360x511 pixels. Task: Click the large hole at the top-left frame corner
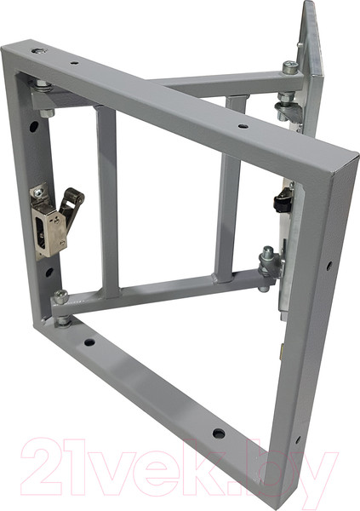[x=38, y=51]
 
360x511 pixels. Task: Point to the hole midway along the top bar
[x=243, y=126]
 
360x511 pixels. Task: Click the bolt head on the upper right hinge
[x=290, y=68]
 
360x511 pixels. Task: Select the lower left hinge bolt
[x=61, y=297]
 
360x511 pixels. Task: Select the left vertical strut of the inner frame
[x=107, y=200]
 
